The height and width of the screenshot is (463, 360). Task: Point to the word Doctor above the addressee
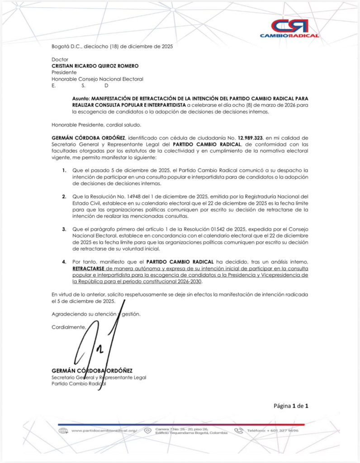[60, 59]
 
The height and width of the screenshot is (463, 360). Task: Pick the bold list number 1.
[64, 170]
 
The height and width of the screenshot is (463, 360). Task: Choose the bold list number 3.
[64, 229]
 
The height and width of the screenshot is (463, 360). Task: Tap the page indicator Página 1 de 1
[291, 406]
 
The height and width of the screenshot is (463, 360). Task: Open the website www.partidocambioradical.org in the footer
[104, 431]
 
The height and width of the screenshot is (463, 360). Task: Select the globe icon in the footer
[63, 431]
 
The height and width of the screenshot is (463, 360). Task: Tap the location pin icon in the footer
[147, 431]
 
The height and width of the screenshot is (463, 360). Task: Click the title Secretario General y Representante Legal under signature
[99, 377]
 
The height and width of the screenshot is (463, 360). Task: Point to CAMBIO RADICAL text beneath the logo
[289, 35]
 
